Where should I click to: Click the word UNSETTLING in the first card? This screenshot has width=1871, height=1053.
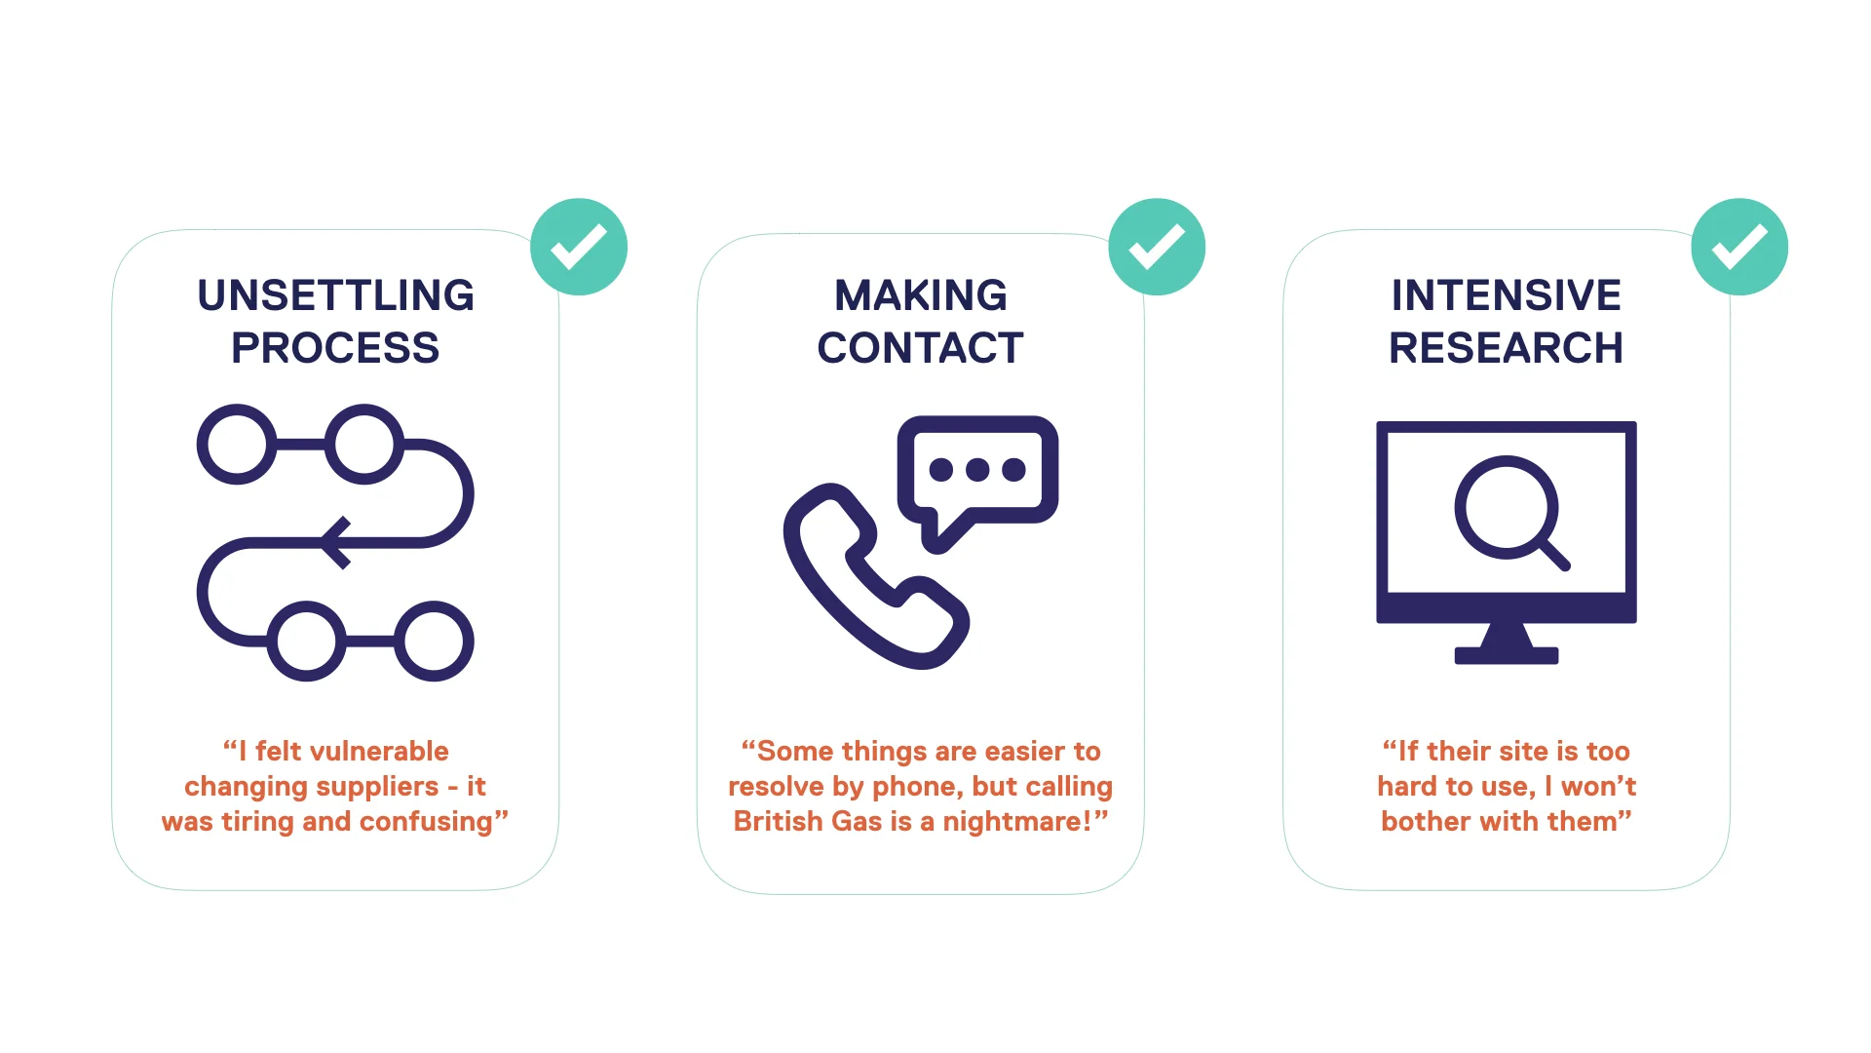point(335,295)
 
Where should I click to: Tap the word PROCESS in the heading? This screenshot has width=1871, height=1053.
point(335,348)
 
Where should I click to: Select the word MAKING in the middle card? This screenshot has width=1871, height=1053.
point(921,295)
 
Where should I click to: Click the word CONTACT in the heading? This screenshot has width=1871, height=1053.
point(921,348)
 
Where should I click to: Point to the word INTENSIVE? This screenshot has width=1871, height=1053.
point(1506,295)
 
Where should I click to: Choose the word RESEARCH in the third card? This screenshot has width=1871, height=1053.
point(1506,348)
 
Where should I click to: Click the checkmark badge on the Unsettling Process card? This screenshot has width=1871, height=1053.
point(579,247)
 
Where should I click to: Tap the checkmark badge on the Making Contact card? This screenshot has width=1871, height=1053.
point(1157,247)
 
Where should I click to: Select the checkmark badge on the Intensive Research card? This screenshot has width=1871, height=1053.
point(1739,247)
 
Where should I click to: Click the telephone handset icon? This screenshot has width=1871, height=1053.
point(858,585)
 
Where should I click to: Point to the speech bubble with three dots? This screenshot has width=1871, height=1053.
point(977,471)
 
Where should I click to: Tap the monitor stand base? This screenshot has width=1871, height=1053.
point(1506,655)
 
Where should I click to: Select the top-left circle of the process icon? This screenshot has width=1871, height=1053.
point(237,445)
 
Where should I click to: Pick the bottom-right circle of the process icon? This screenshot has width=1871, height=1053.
point(434,641)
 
